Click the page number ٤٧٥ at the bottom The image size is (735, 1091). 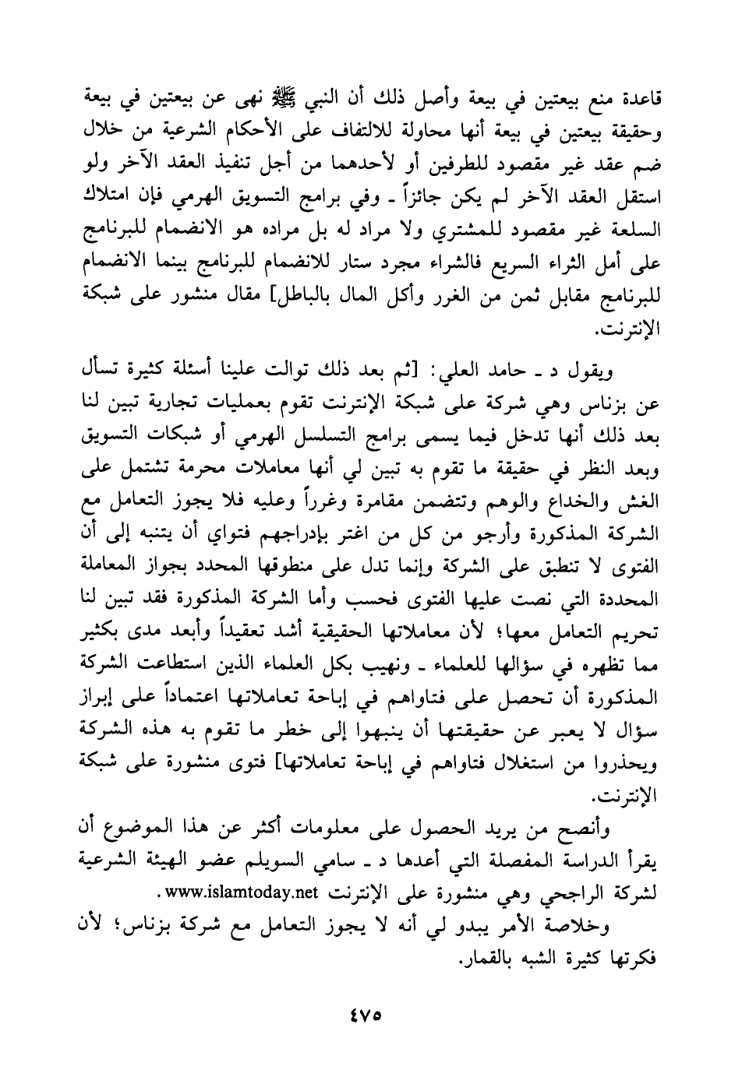point(367,1017)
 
